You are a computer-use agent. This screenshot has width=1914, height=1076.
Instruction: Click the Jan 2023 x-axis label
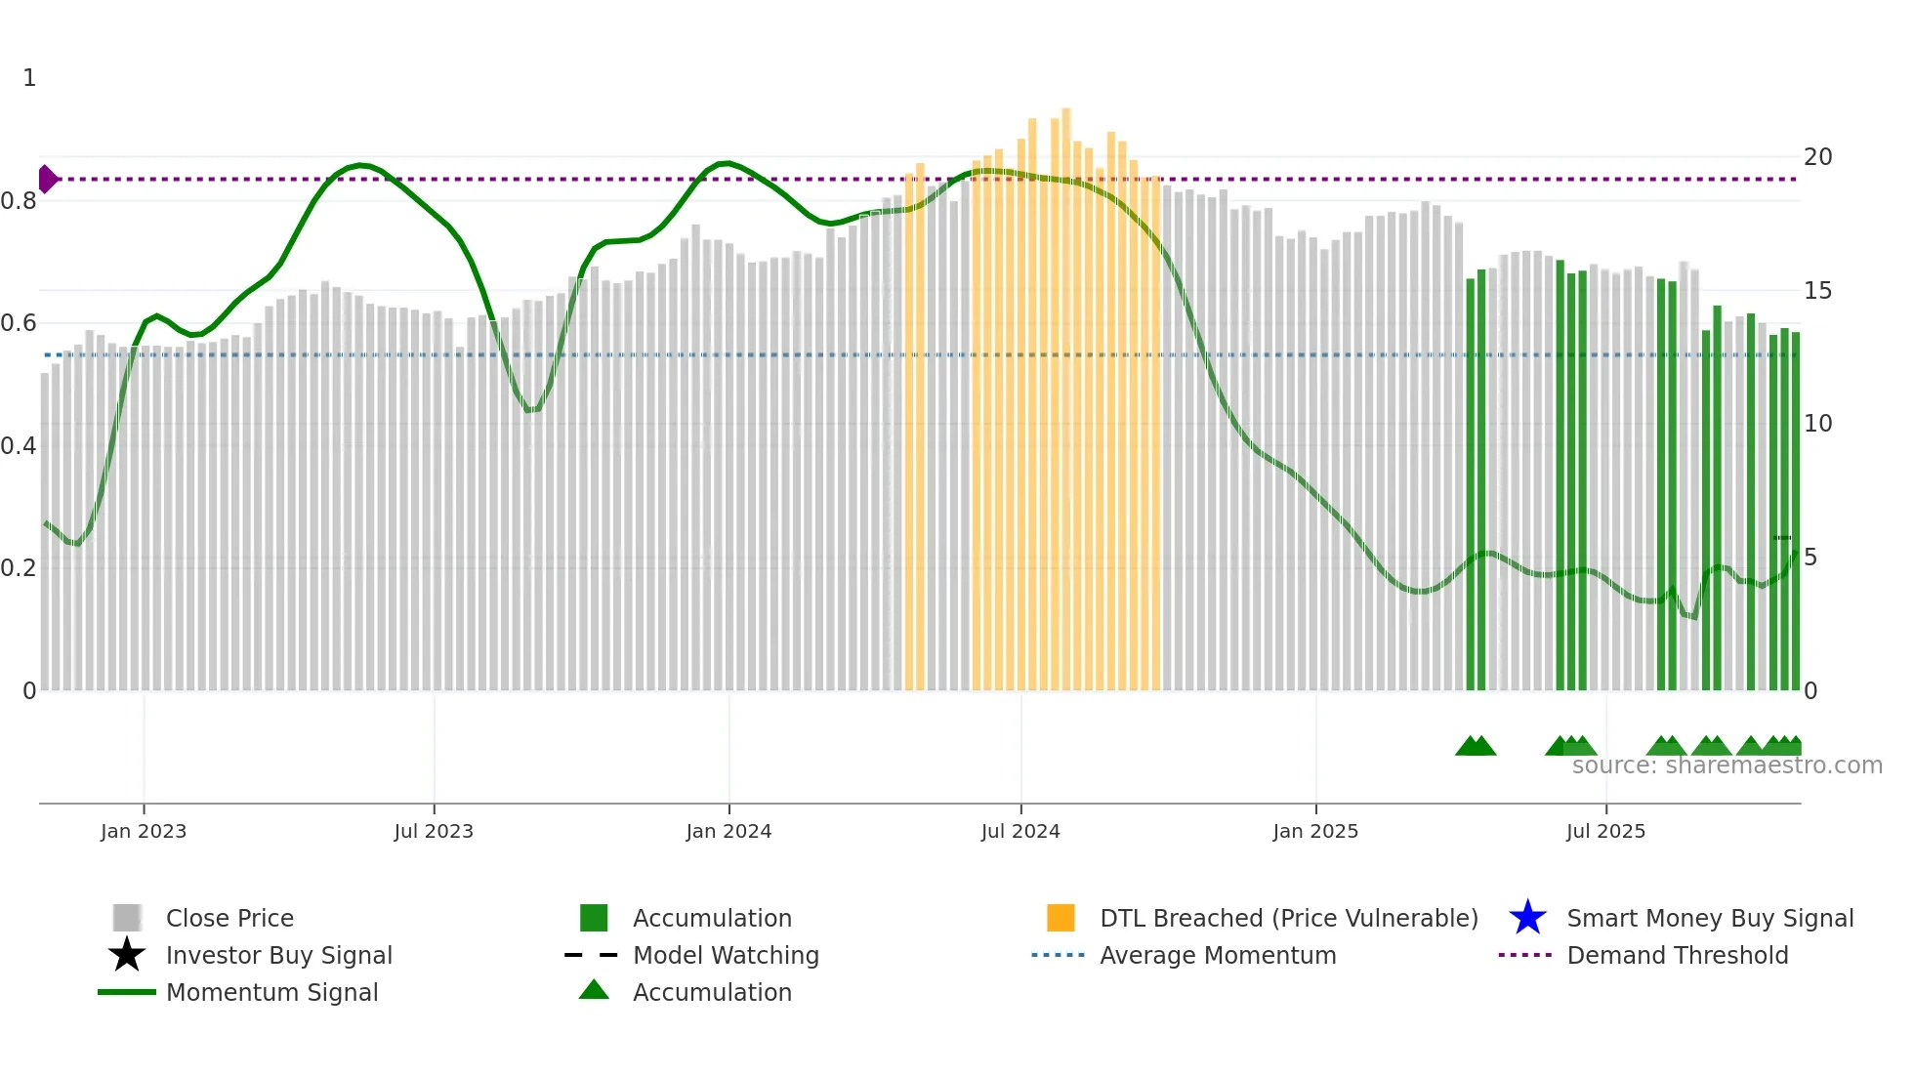point(143,831)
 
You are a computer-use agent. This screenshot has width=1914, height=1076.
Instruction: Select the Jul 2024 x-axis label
point(1019,831)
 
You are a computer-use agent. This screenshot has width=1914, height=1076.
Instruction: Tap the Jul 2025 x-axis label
point(1604,831)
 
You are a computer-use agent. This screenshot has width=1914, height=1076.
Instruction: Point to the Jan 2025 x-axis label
point(1314,831)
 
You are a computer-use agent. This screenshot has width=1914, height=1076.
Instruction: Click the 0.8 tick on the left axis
point(19,201)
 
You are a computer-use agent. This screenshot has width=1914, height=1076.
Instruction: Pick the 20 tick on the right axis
point(1817,157)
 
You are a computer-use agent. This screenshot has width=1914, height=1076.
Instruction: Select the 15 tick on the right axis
point(1817,291)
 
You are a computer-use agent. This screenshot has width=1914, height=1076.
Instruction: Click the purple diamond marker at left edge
point(47,179)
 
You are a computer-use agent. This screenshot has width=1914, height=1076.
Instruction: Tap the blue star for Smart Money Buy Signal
point(1527,918)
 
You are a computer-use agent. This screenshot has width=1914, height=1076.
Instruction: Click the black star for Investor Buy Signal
point(127,955)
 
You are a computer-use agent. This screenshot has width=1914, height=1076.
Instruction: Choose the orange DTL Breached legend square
point(1061,918)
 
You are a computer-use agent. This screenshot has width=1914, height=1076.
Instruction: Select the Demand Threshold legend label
point(1677,955)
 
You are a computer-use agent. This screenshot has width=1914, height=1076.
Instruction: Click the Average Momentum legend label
point(1217,955)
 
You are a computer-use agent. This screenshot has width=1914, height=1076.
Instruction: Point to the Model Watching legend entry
point(725,955)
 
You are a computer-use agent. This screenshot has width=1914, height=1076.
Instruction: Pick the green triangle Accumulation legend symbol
point(594,990)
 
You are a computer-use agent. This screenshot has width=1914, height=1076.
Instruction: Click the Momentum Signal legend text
point(271,992)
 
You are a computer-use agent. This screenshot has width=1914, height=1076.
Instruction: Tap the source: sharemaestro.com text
point(1727,766)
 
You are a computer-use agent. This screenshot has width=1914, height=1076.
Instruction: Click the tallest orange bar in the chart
point(1065,391)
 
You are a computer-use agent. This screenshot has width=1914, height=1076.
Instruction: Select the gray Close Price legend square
point(127,918)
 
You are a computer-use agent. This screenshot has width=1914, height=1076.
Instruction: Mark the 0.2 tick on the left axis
point(19,568)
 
